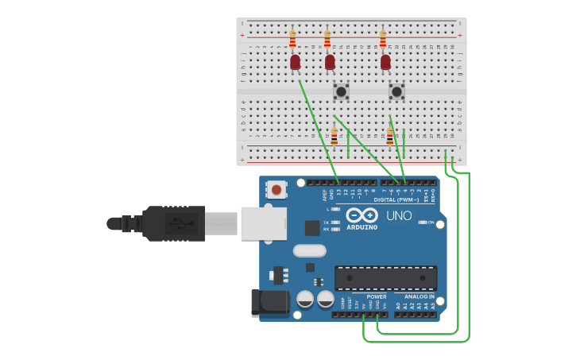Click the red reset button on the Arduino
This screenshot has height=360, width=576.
[276, 189]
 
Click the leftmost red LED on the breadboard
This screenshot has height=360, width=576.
[295, 61]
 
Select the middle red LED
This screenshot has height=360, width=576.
[330, 61]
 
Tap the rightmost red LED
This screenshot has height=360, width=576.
[385, 61]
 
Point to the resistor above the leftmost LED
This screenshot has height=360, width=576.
[292, 38]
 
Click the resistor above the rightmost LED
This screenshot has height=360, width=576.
[383, 38]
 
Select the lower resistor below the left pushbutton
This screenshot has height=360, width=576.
[334, 137]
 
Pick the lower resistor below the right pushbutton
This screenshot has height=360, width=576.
[390, 137]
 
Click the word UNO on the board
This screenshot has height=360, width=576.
[399, 215]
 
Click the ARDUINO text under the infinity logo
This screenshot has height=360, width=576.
[361, 227]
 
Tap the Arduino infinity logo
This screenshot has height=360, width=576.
[361, 215]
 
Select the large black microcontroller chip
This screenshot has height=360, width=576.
[385, 277]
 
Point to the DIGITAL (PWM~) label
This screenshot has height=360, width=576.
[396, 199]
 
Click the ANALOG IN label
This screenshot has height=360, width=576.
[419, 296]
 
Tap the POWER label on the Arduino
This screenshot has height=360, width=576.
[377, 296]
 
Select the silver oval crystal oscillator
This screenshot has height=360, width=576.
[309, 251]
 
